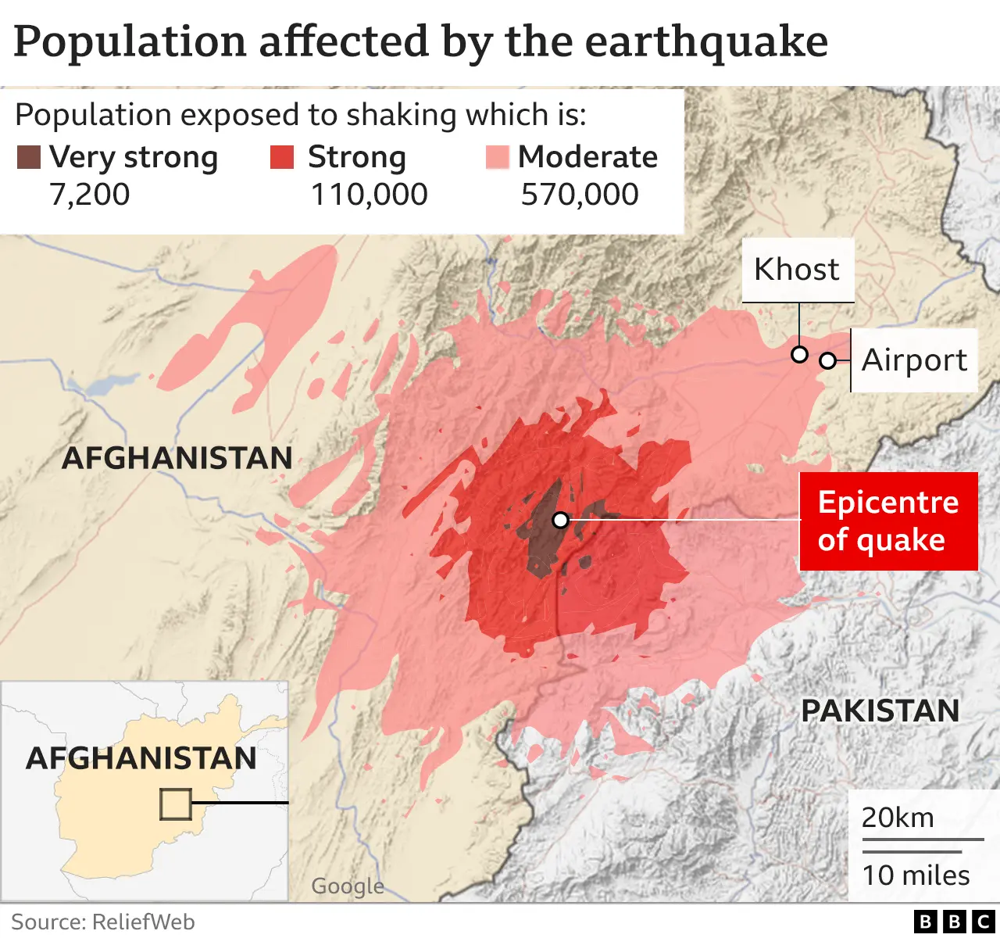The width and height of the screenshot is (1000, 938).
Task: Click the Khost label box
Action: (797, 270)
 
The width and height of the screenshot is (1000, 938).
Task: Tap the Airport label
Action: (914, 360)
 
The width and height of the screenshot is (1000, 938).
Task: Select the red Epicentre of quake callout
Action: (889, 521)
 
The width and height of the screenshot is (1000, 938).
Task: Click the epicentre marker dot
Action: (560, 520)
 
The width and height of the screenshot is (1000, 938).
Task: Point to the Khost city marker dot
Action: (799, 354)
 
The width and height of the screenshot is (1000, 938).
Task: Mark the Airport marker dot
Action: (827, 360)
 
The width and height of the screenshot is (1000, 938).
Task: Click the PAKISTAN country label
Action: (880, 711)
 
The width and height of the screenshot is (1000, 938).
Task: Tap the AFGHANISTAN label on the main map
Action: (177, 458)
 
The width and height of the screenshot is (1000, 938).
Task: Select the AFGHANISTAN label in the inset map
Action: (141, 758)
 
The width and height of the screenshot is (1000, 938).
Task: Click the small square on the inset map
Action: (175, 804)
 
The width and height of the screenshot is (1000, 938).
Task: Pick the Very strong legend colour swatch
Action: (29, 157)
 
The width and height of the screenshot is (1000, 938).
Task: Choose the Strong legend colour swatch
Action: (282, 157)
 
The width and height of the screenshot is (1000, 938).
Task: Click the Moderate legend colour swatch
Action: (497, 157)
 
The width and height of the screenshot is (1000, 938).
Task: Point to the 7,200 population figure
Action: (89, 195)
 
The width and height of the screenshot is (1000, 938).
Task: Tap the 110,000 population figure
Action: (369, 195)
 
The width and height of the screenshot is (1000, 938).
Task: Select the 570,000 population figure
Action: (580, 195)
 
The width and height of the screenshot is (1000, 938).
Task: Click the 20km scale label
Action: (898, 818)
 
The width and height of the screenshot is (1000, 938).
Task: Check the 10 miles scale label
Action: (916, 875)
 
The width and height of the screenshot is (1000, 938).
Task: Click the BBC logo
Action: (954, 922)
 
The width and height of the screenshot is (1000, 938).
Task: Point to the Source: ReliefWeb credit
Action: (103, 922)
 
